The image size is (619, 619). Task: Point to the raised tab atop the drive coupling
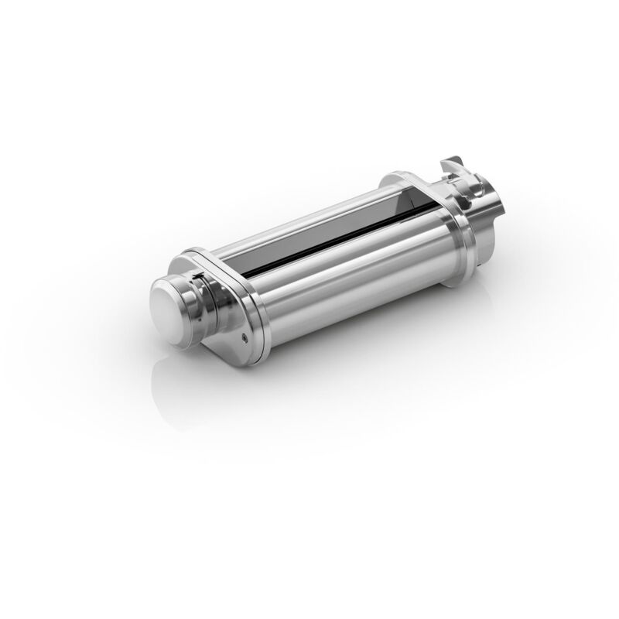[450, 166]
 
